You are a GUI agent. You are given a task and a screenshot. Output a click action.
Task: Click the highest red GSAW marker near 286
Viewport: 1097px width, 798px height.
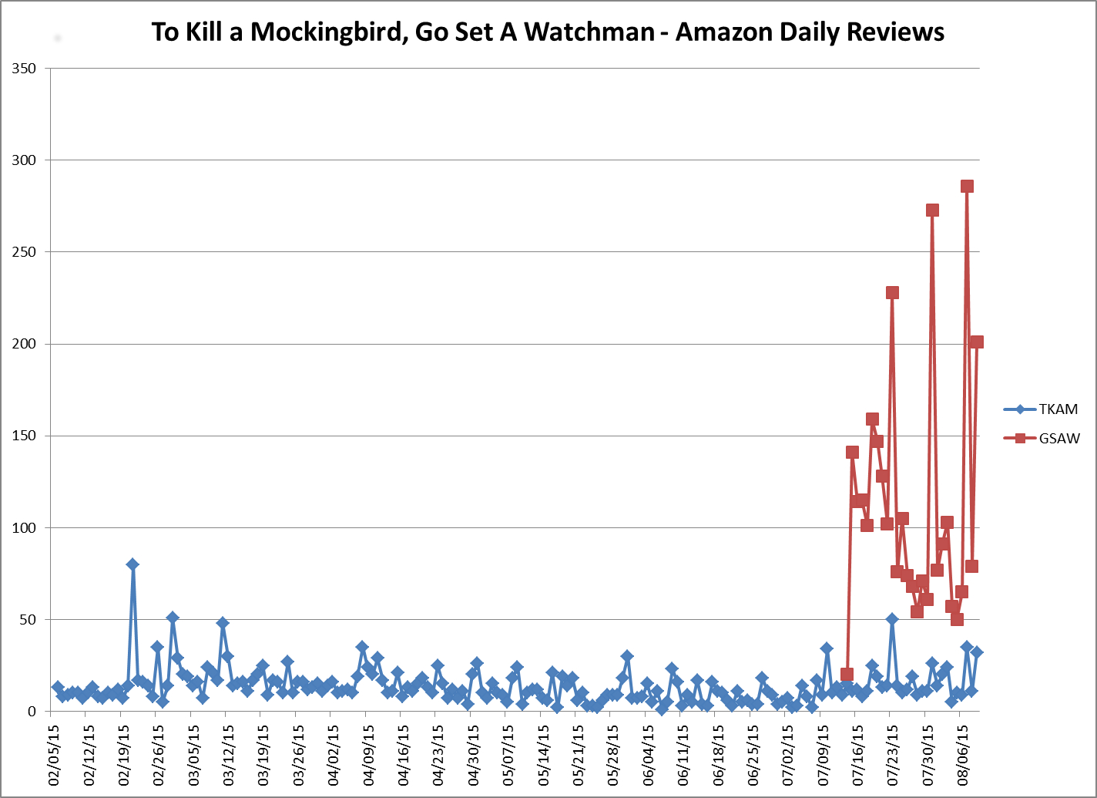point(967,186)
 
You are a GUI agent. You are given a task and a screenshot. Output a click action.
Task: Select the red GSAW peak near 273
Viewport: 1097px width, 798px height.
point(932,210)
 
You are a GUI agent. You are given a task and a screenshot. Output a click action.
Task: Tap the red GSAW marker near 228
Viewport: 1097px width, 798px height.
point(892,292)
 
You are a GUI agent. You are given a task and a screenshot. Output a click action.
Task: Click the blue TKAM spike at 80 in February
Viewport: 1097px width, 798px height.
point(133,564)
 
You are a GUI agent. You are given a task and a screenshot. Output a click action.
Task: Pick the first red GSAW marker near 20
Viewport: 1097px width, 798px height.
point(847,675)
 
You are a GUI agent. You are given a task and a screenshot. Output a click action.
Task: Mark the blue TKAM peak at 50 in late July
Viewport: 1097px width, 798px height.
point(892,619)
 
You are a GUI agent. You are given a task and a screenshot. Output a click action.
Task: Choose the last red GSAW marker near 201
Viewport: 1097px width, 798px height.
point(977,342)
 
